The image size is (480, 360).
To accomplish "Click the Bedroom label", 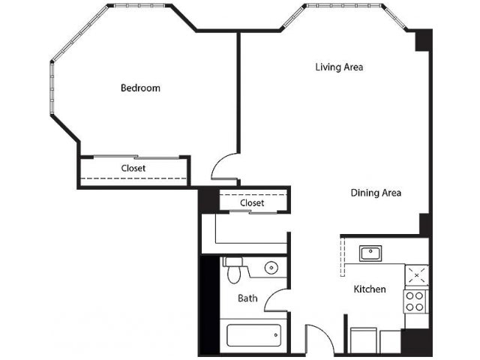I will click(140, 88).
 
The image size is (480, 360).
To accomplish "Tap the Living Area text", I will click(339, 67).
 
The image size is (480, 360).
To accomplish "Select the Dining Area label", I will click(376, 193).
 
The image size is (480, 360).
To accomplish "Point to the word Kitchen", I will click(370, 289).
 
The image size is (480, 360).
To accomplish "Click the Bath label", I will click(247, 298).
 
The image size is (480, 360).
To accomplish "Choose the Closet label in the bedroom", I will click(133, 168).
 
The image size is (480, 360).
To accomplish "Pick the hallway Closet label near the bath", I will click(252, 202).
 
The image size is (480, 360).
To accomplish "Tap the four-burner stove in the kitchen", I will click(416, 301).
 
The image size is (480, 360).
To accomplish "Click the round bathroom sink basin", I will click(271, 267).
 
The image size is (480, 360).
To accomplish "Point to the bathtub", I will click(253, 335).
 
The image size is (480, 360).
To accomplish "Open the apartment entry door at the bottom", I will click(319, 337).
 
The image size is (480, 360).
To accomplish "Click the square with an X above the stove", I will click(417, 275).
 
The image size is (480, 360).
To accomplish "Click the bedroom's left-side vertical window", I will click(52, 87).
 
